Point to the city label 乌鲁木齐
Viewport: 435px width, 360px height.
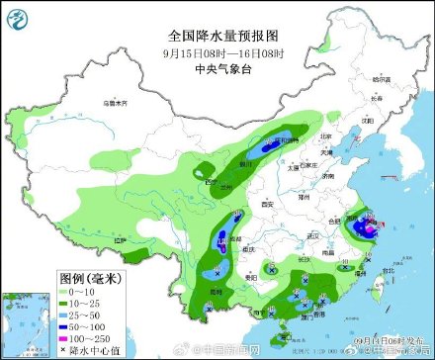[x=116, y=101]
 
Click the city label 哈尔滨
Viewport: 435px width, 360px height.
[x=382, y=78]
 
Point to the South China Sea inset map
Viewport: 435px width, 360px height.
[x=26, y=320]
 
